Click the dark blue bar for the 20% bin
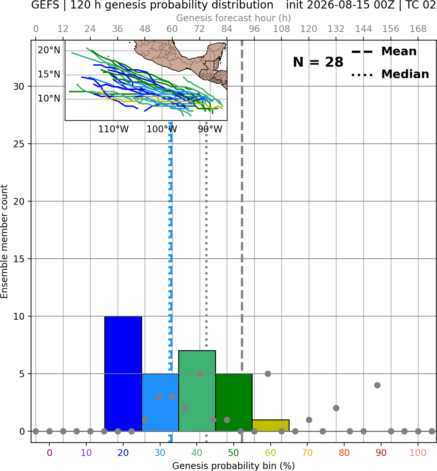pyautogui.click(x=123, y=374)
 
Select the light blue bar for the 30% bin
pyautogui.click(x=160, y=402)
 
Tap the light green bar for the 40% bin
pyautogui.click(x=197, y=391)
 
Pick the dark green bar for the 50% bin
pyautogui.click(x=234, y=402)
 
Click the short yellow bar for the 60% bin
pyautogui.click(x=271, y=425)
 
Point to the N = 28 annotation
pyautogui.click(x=318, y=62)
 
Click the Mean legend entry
pyautogui.click(x=384, y=52)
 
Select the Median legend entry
pyautogui.click(x=390, y=74)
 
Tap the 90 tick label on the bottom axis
pyautogui.click(x=381, y=453)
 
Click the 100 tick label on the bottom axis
pyautogui.click(x=418, y=453)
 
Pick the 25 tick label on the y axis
pyautogui.click(x=19, y=144)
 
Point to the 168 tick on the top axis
pyautogui.click(x=418, y=29)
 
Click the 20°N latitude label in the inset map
pyautogui.click(x=49, y=50)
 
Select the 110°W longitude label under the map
pyautogui.click(x=113, y=129)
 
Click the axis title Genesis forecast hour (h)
pyautogui.click(x=234, y=18)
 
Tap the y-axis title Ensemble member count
pyautogui.click(x=4, y=242)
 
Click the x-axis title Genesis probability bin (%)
pyautogui.click(x=234, y=466)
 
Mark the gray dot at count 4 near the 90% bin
pyautogui.click(x=377, y=385)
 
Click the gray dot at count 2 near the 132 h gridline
pyautogui.click(x=336, y=408)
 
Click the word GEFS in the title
pyautogui.click(x=45, y=5)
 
